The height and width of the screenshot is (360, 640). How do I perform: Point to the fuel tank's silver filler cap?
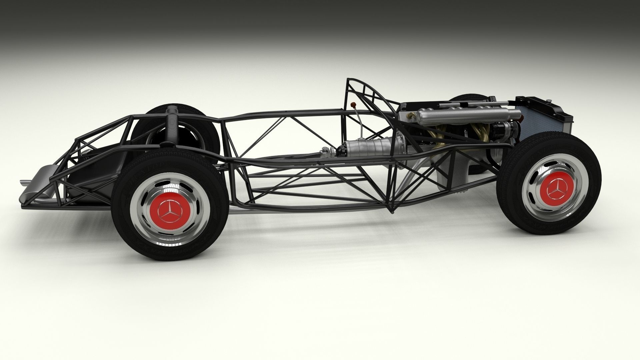click(x=172, y=109)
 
